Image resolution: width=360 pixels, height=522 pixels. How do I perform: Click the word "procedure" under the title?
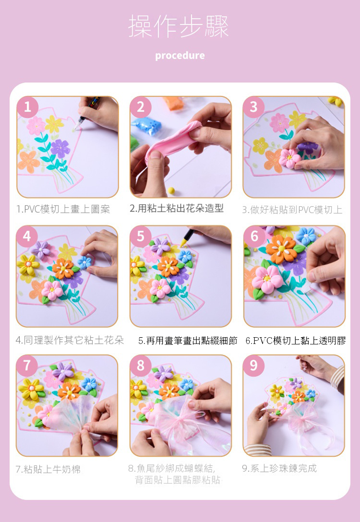tap(180, 56)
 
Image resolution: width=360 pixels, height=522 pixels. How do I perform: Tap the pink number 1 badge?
tap(27, 107)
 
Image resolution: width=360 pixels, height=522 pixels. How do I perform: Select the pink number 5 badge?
tap(140, 236)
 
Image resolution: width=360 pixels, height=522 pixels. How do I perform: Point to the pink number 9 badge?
tap(254, 366)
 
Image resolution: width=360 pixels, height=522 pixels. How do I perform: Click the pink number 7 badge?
tap(27, 366)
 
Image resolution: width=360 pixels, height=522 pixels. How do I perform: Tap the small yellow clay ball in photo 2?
tap(171, 190)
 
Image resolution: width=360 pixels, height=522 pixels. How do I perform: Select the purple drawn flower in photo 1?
tap(60, 148)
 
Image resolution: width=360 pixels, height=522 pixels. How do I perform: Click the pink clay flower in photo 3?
tap(289, 158)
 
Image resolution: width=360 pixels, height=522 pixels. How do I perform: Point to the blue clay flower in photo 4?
tap(85, 262)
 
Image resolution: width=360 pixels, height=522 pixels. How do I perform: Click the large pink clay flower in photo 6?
tap(267, 280)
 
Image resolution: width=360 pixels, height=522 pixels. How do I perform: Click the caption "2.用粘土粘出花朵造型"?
tap(177, 209)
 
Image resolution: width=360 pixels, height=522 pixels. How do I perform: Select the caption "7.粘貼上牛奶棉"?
tap(48, 469)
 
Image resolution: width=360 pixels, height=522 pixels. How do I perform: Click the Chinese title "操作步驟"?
tap(179, 26)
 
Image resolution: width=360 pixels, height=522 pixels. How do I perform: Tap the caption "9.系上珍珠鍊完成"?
tap(279, 468)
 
